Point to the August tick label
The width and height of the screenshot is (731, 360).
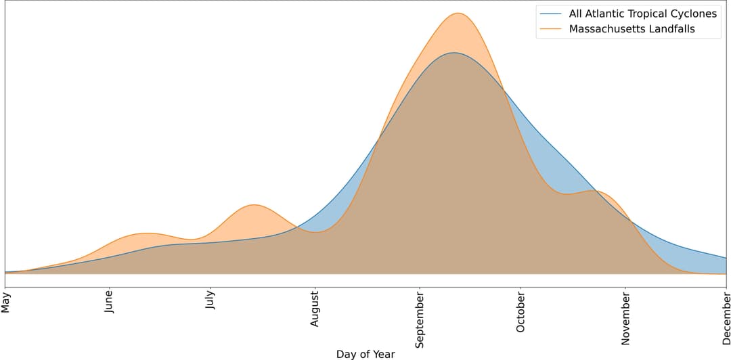[315, 309]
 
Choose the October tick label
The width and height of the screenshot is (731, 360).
[520, 312]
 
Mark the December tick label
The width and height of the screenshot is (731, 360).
[726, 317]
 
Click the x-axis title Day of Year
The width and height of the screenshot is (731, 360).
[365, 354]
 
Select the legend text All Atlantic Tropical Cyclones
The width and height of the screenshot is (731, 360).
[642, 14]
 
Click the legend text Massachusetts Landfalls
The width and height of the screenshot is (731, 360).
[632, 29]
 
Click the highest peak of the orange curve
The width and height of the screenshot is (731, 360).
[458, 13]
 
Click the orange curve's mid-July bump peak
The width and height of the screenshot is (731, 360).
[253, 204]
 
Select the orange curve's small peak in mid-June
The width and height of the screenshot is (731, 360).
[147, 233]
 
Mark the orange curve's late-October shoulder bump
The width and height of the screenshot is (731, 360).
[594, 191]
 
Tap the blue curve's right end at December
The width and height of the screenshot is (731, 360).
[726, 258]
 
